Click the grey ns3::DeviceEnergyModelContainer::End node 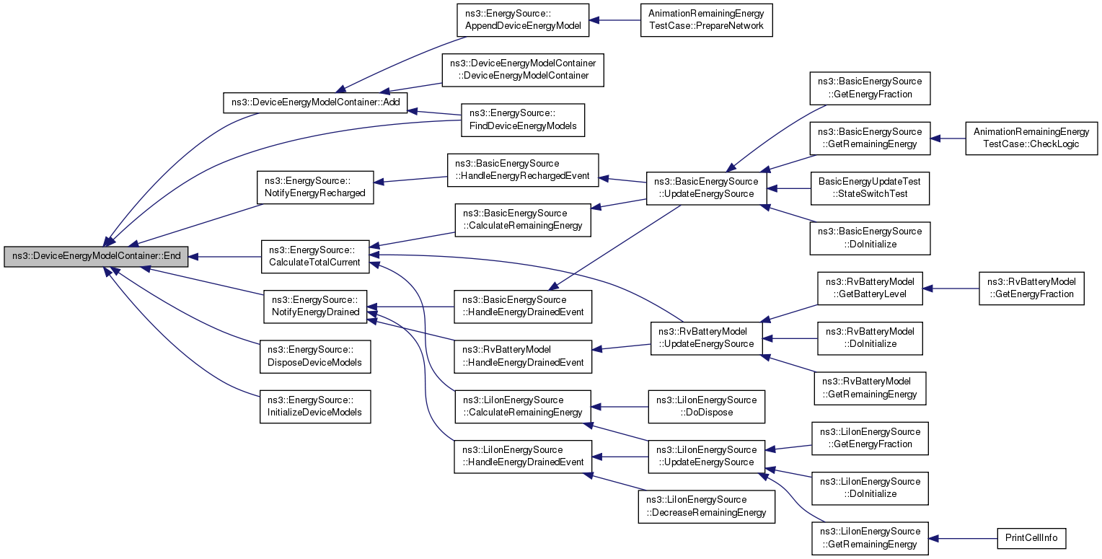(x=96, y=256)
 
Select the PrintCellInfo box (x=1031, y=538)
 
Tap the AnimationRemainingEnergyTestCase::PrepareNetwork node (x=706, y=20)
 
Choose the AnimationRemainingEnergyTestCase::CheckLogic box (x=1031, y=138)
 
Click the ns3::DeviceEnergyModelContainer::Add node (x=315, y=102)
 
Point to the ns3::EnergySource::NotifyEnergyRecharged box (x=315, y=187)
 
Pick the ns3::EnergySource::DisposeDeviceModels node (x=315, y=356)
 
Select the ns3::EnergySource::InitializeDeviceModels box (x=315, y=407)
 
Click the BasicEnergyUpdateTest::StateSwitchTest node (x=869, y=188)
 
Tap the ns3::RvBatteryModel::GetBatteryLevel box (x=869, y=289)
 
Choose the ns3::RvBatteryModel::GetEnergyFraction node (x=1031, y=289)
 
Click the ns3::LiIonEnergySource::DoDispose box (x=706, y=407)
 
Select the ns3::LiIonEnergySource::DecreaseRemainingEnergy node (x=706, y=506)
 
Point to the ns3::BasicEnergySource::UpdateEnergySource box (x=706, y=188)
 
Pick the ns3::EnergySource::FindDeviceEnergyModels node (x=522, y=120)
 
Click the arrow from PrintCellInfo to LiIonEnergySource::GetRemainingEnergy (x=963, y=538)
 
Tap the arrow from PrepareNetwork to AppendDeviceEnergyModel (x=614, y=20)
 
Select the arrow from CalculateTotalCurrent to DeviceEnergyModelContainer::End (x=224, y=256)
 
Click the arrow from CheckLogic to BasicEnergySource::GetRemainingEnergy (x=948, y=138)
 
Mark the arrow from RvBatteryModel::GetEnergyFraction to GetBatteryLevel (x=951, y=289)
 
